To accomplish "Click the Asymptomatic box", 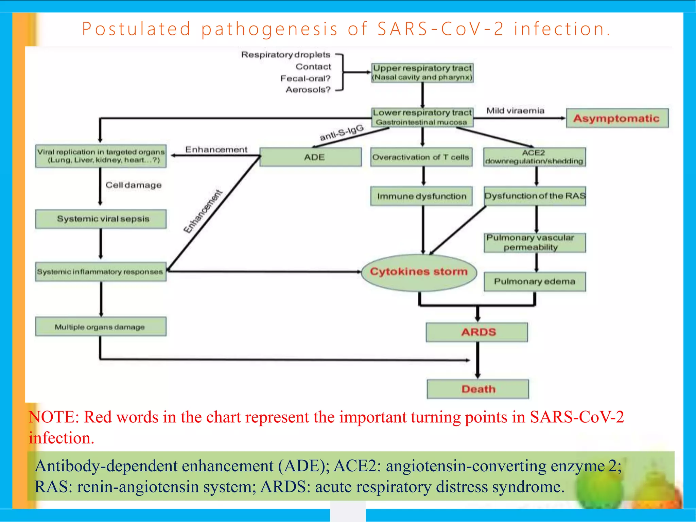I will (617, 118).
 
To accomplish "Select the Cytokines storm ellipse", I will (419, 272).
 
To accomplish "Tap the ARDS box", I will (477, 332).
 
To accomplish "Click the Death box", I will (478, 389).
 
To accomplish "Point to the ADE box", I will (310, 157).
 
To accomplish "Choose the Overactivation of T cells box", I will (421, 157).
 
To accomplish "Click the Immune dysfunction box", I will (421, 196).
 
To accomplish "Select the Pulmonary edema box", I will (535, 281).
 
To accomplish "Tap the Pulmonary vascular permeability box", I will (535, 242).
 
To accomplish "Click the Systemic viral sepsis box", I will (101, 219).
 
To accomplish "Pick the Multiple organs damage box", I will (101, 327).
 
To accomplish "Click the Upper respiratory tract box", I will (422, 72).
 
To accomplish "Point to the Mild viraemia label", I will (515, 111).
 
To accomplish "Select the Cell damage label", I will (134, 185).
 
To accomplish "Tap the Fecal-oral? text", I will (305, 79).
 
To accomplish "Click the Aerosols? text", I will (308, 90).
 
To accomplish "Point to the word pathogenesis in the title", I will (269, 29).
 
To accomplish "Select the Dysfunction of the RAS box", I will (535, 196).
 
